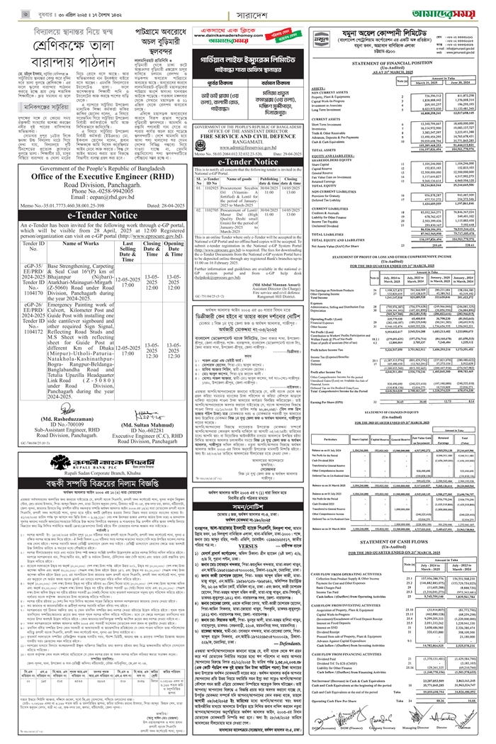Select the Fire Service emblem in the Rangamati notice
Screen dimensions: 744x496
192,133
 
